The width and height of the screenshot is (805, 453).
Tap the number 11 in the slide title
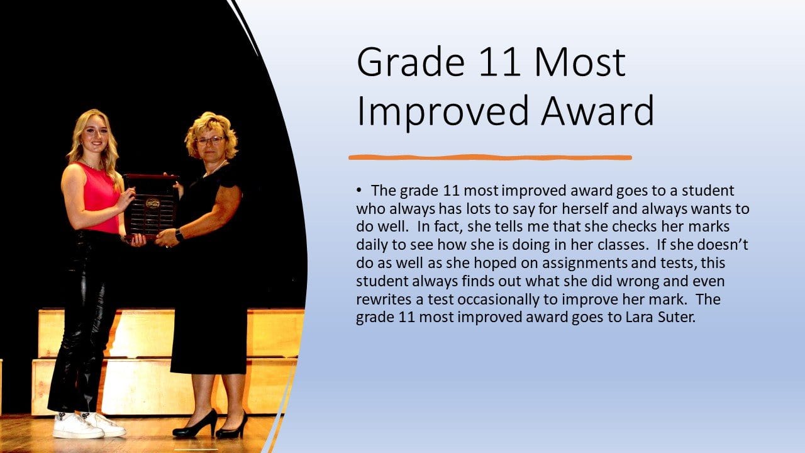pos(500,62)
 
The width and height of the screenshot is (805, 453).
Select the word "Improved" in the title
pos(443,112)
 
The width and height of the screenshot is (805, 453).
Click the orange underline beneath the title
pos(490,157)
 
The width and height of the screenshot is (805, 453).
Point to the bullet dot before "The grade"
pos(358,191)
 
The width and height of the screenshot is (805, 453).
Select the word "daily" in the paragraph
pos(372,245)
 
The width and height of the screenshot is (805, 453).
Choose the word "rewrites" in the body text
pos(384,299)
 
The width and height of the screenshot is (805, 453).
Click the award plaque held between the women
pos(151,206)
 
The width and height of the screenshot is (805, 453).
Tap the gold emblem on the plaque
pos(153,203)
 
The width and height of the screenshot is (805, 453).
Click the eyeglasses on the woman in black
pos(210,140)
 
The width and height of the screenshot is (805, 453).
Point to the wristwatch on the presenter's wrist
pos(179,235)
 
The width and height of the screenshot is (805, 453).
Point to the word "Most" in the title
pos(580,62)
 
